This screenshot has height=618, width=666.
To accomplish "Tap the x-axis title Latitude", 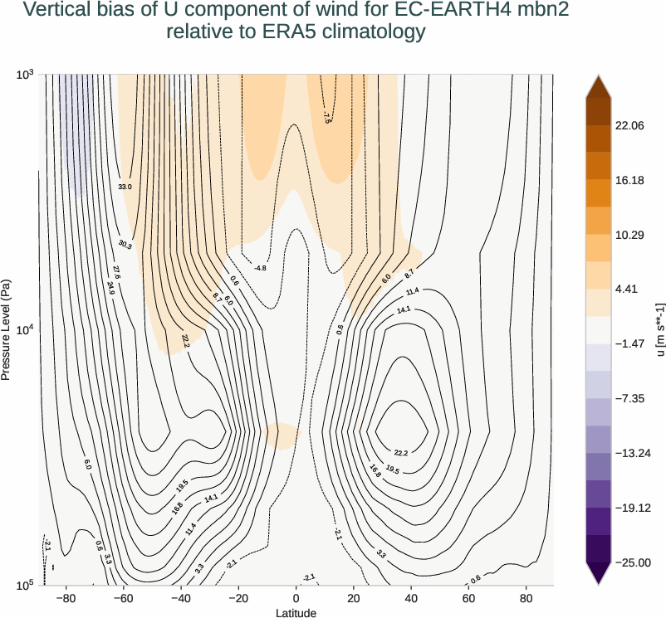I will (296, 613).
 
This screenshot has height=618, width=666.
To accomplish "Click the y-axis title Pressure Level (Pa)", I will (7, 329).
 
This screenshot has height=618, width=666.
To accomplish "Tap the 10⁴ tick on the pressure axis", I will (23, 330).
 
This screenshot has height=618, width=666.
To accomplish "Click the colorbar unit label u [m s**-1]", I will (660, 329).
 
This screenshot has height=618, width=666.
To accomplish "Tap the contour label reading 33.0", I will (125, 187).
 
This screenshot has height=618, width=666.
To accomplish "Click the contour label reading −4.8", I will (260, 268).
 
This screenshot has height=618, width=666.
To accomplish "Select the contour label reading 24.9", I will (111, 289).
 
